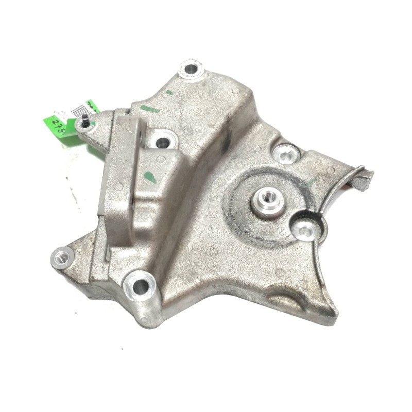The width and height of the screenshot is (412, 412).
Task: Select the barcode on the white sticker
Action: pyautogui.click(x=80, y=109)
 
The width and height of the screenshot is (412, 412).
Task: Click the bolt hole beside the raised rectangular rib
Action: pyautogui.click(x=162, y=141)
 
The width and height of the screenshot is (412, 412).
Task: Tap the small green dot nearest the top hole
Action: pyautogui.click(x=168, y=93)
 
